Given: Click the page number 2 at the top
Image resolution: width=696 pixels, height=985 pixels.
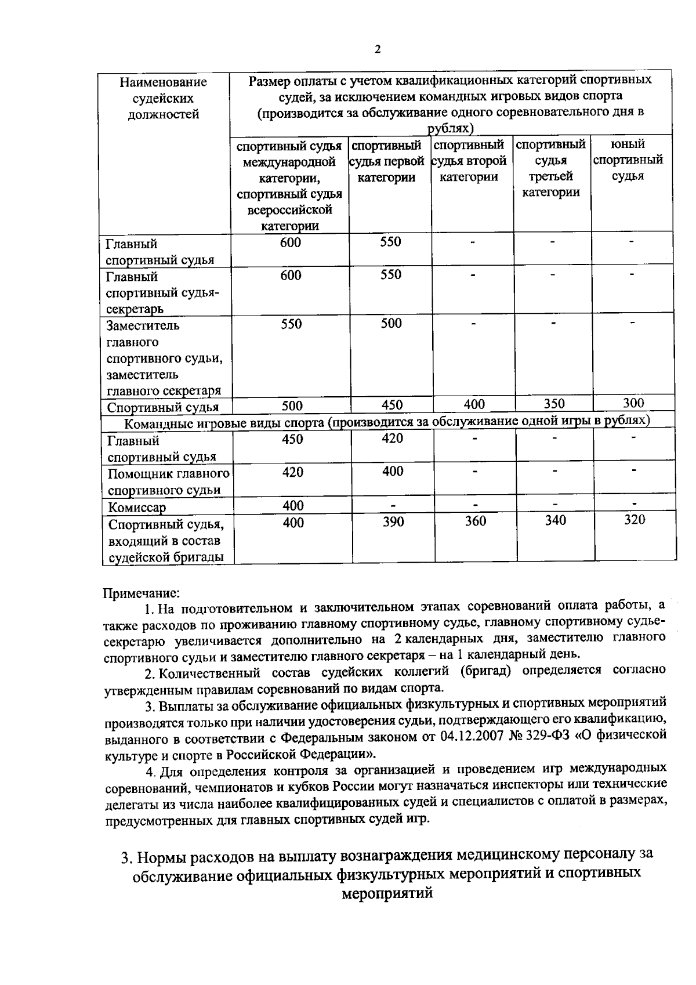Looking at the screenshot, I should [x=378, y=49].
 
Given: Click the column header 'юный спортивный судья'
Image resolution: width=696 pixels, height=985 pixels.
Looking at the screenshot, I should [x=628, y=160].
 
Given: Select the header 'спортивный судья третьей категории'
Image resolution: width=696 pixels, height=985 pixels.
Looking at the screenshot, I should [x=551, y=168].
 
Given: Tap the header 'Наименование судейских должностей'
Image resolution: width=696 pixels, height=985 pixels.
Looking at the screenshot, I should [x=163, y=98].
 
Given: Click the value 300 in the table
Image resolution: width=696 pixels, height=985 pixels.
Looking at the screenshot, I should [x=633, y=403].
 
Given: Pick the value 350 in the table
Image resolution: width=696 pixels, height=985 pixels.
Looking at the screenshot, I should [x=554, y=403].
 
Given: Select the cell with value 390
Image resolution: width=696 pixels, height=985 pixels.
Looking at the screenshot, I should [x=393, y=522].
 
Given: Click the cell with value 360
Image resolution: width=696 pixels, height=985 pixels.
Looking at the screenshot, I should [x=475, y=521].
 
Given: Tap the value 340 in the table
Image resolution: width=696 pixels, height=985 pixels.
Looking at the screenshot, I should [x=555, y=520].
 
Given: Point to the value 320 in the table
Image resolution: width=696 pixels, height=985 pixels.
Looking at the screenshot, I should [x=634, y=519].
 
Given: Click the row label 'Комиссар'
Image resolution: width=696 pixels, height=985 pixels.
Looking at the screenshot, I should [x=137, y=508].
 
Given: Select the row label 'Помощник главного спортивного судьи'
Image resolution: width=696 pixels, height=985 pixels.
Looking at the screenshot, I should [x=168, y=481].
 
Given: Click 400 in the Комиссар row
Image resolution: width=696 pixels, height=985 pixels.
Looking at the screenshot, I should [x=293, y=506].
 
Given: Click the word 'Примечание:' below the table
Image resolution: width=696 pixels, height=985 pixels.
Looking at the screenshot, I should [x=142, y=593].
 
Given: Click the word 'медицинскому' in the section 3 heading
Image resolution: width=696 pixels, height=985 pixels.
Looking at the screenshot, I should [x=507, y=855].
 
